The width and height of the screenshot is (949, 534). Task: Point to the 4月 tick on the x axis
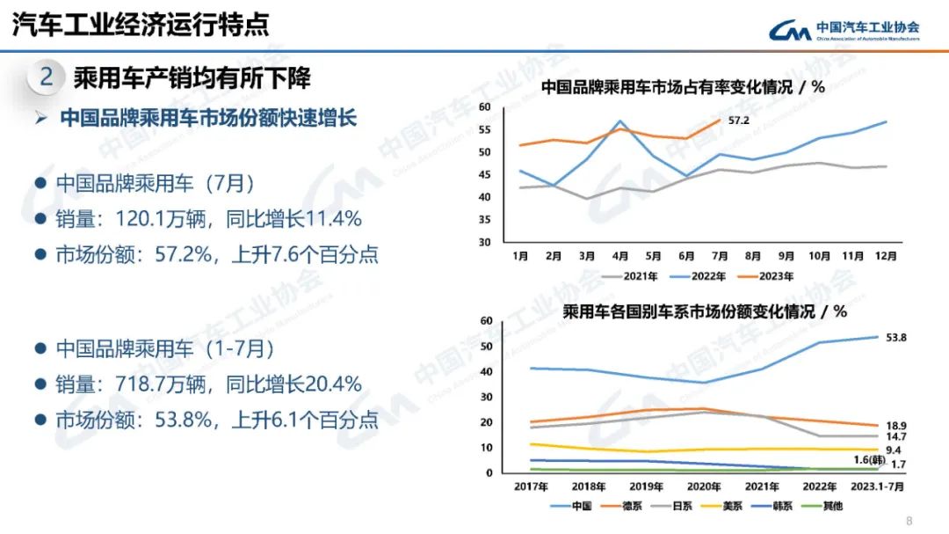point(620,256)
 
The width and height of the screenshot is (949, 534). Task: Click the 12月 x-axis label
point(886,256)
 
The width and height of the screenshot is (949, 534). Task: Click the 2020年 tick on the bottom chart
point(705,486)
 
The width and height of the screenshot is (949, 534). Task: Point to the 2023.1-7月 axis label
point(880,486)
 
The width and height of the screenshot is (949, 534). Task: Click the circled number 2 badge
point(47,77)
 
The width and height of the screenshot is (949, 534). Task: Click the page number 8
point(909,519)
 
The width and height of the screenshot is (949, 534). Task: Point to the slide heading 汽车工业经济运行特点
point(141,24)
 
